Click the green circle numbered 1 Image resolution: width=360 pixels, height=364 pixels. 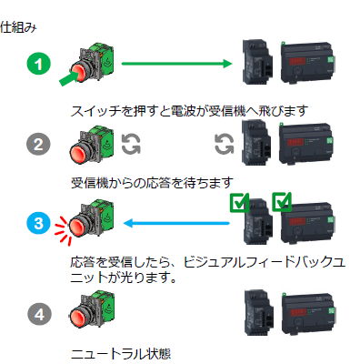[x=38, y=64]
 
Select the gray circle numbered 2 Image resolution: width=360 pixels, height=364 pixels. [x=38, y=144]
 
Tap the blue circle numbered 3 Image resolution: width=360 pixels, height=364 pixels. [x=38, y=223]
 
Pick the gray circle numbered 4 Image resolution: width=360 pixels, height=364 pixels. [x=39, y=314]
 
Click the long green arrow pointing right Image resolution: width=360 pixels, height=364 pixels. [x=176, y=64]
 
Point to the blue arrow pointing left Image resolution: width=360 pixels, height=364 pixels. [x=176, y=224]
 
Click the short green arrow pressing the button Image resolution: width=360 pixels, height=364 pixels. [x=68, y=78]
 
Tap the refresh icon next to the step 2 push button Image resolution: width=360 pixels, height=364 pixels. [x=131, y=144]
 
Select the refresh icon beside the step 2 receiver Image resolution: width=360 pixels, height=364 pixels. [x=225, y=144]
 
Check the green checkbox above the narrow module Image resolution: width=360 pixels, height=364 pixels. [x=239, y=202]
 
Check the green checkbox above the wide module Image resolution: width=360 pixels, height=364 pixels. [x=282, y=202]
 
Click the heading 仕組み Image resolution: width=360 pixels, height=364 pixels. [x=18, y=27]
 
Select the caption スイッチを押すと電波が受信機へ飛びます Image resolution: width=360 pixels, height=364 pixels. [x=189, y=111]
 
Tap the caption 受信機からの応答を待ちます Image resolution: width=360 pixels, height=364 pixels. [x=152, y=183]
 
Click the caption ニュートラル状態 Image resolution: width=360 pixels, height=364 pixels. [x=121, y=354]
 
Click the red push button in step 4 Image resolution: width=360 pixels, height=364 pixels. [x=80, y=316]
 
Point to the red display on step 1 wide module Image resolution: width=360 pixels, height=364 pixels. [x=295, y=62]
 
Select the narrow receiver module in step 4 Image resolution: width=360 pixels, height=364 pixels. [x=258, y=312]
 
